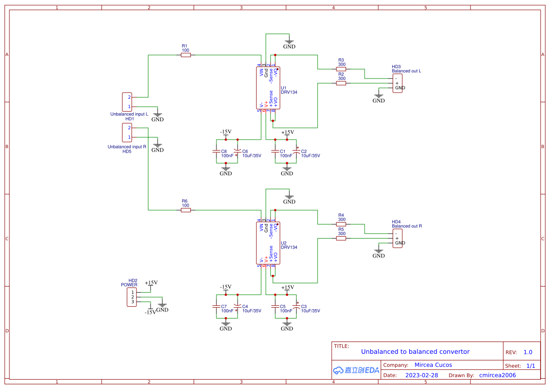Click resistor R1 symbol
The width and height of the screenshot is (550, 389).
186,55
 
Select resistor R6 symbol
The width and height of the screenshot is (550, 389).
186,210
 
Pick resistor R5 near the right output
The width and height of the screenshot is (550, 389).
341,238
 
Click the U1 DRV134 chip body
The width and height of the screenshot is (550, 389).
268,88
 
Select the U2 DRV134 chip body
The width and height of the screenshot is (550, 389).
268,243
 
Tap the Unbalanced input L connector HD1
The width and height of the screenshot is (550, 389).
127,101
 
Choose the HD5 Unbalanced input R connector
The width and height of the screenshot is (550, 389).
127,132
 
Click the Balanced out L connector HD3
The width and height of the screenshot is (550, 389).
398,83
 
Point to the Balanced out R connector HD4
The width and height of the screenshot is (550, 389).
398,238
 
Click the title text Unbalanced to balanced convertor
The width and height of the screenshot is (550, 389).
415,351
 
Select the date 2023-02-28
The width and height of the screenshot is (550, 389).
422,375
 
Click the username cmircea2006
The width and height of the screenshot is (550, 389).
497,375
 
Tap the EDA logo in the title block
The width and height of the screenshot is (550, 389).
356,370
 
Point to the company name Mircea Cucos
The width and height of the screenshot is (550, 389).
433,365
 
